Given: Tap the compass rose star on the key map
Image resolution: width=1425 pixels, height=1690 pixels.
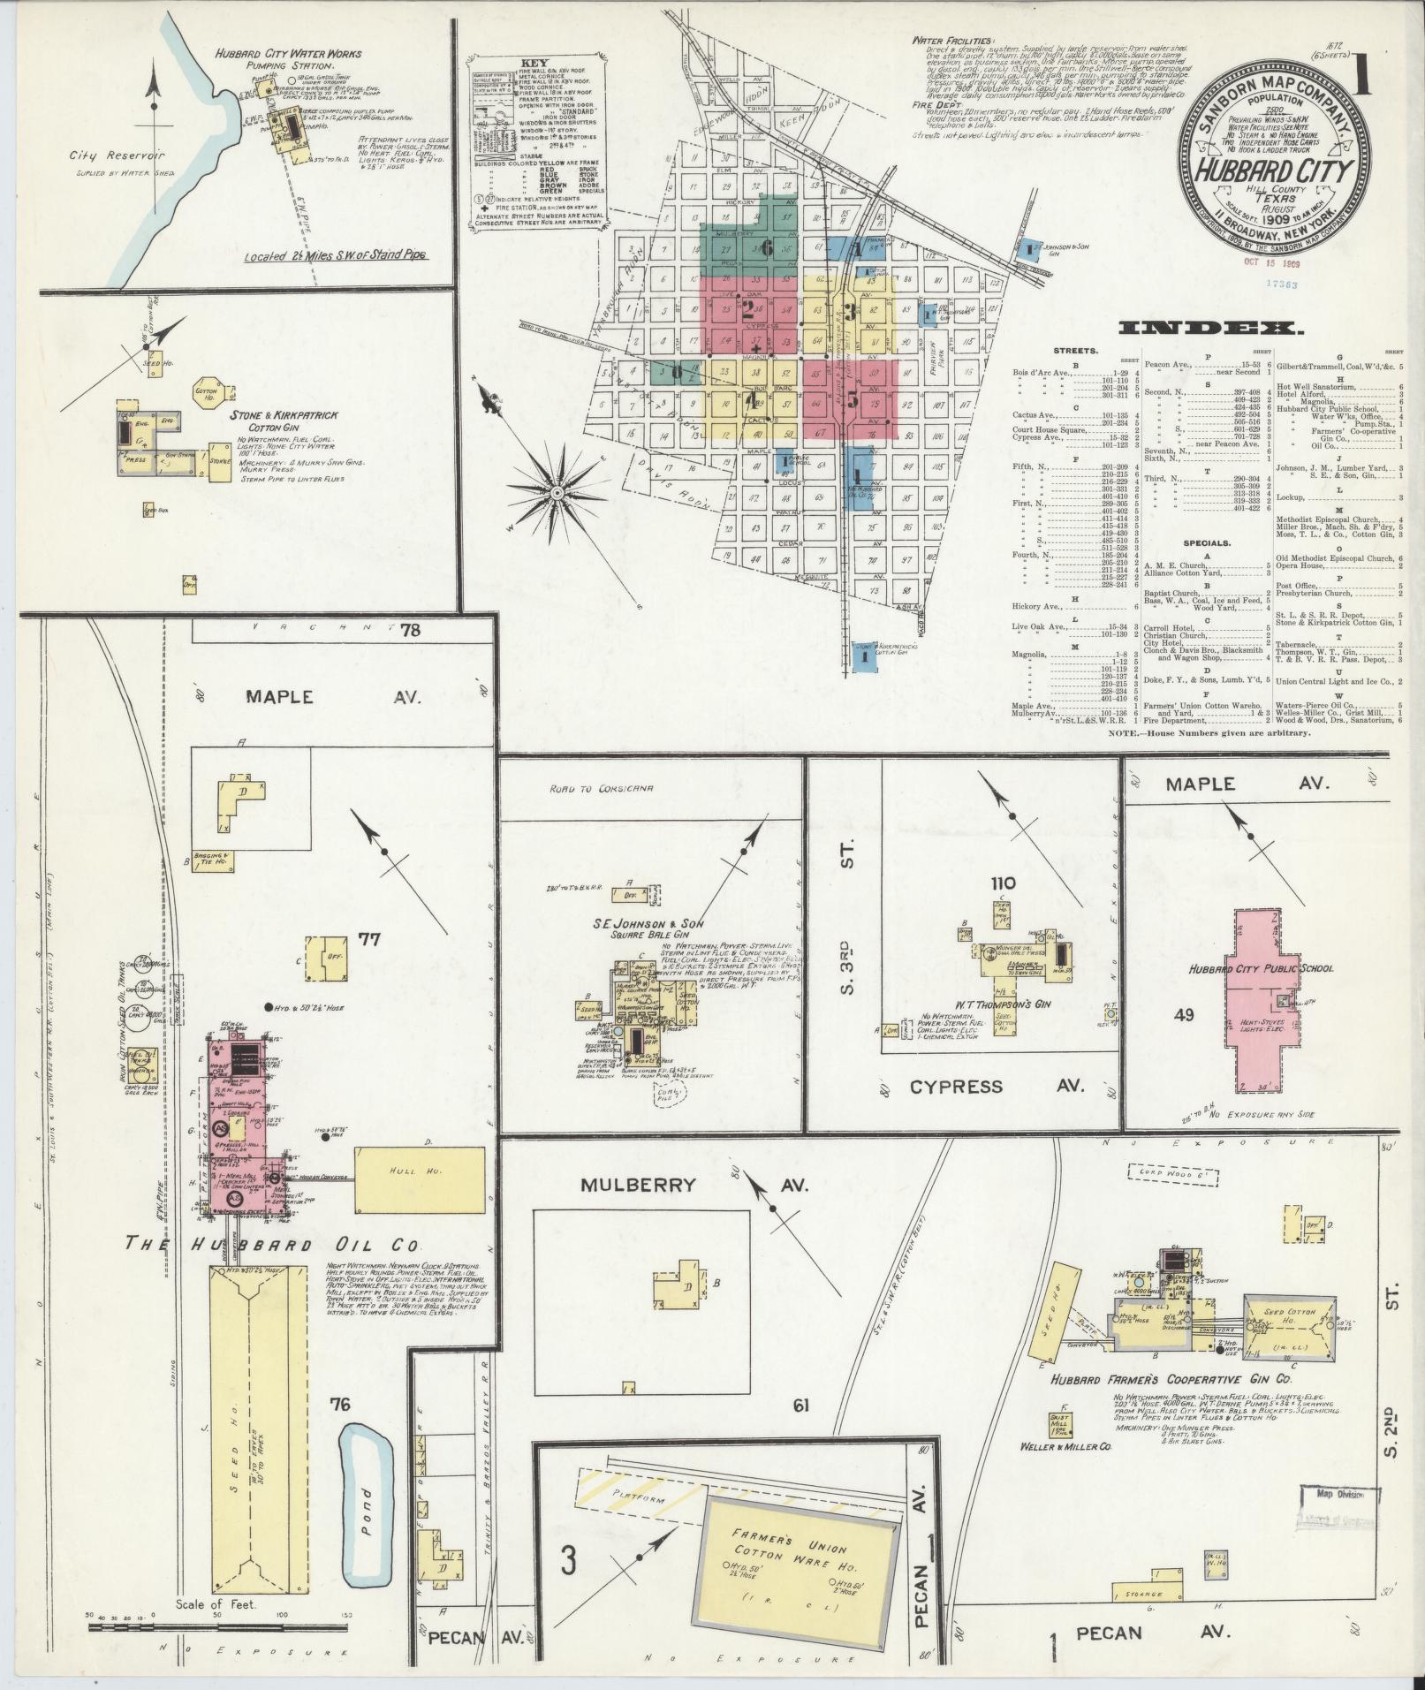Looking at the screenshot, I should point(558,491).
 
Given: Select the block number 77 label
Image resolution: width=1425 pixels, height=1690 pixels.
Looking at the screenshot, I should point(368,939).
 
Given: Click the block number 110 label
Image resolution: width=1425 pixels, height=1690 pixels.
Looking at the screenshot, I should point(1003,883).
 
